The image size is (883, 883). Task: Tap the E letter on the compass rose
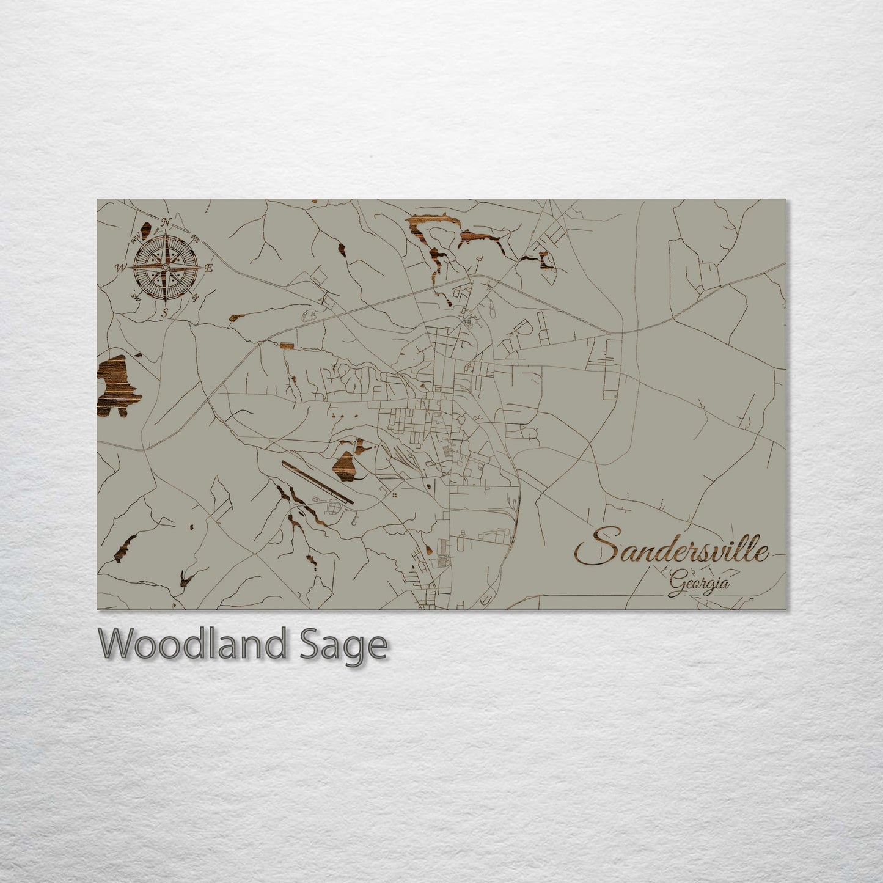click(x=209, y=268)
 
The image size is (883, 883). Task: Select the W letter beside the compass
click(x=120, y=267)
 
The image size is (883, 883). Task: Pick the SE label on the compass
click(x=196, y=298)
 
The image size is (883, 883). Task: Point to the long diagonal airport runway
click(x=318, y=482)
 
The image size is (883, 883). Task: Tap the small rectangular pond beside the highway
click(x=286, y=346)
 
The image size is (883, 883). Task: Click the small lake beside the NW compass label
click(x=145, y=231)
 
